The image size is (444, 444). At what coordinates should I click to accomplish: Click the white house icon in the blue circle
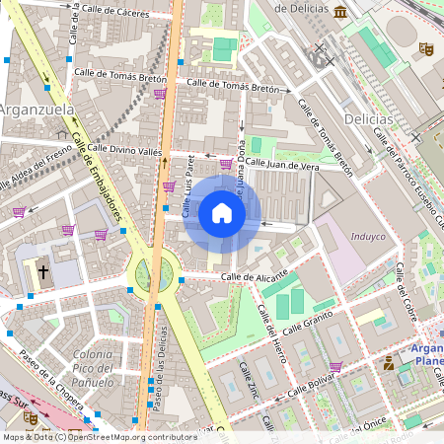coord(222,213)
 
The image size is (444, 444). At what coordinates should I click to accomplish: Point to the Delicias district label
coord(369,119)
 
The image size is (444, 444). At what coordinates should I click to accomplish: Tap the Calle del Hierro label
coord(271,329)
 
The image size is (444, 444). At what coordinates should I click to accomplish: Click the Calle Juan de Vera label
coord(283,165)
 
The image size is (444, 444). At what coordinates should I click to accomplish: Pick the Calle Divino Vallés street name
coord(124,151)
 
